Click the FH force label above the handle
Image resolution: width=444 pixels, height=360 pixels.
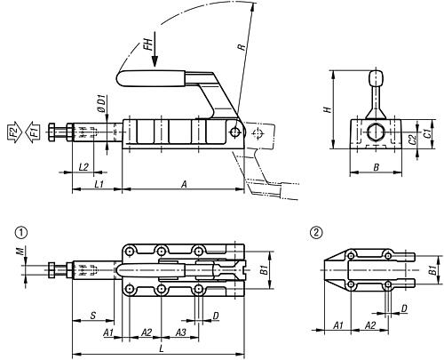coord(149,44)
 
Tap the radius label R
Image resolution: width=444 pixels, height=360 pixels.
coord(242,47)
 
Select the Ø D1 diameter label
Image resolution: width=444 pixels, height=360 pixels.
coord(102,104)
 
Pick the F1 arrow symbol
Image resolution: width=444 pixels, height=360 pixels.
coord(32,131)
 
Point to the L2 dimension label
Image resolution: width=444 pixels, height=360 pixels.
coord(83,167)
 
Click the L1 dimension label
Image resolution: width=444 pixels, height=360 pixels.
coord(99,184)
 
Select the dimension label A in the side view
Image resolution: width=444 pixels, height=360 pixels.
coord(184,184)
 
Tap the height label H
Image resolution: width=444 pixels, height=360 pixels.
coord(327,109)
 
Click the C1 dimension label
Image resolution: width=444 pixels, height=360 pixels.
coord(427,133)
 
